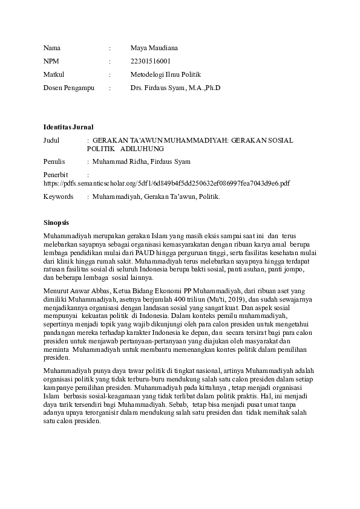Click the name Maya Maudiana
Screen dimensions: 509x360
[x=154, y=47]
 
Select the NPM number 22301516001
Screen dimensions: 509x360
[x=151, y=61]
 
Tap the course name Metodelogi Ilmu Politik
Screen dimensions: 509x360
[x=165, y=74]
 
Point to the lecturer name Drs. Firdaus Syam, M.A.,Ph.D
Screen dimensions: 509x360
[x=175, y=88]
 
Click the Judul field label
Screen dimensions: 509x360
[x=53, y=140]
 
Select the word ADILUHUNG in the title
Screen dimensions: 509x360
[x=142, y=148]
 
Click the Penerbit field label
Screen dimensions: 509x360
[x=56, y=174]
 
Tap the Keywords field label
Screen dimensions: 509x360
[x=58, y=196]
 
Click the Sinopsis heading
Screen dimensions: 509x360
[x=57, y=222]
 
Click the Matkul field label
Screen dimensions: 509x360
[x=54, y=74]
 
